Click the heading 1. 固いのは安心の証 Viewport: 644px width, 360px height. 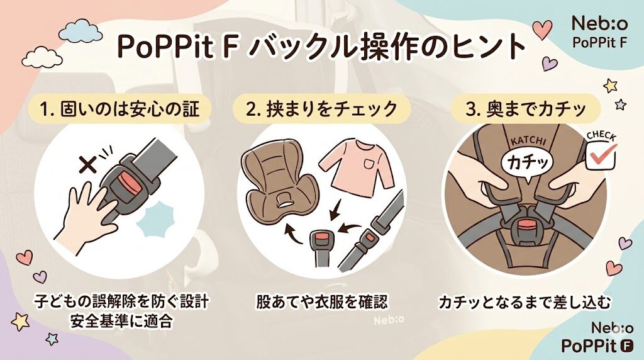tap(119, 108)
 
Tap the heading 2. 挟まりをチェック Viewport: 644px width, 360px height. tap(321, 108)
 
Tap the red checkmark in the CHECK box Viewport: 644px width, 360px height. tap(602, 152)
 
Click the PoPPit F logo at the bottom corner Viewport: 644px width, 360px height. tap(596, 345)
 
